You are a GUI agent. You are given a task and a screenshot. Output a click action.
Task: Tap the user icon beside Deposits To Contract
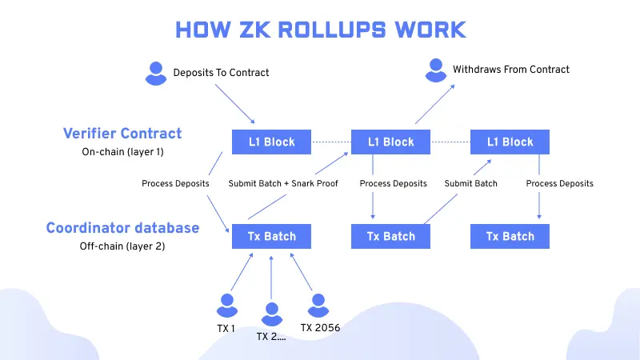tap(156, 73)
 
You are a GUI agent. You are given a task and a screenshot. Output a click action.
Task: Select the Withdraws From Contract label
tap(511, 70)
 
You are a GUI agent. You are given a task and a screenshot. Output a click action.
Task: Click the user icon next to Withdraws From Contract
tap(435, 70)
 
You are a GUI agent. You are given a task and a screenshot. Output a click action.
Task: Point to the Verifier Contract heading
tap(122, 133)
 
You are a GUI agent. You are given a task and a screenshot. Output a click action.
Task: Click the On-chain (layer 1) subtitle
tap(122, 151)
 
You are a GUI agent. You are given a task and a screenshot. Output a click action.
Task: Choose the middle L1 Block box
tap(391, 142)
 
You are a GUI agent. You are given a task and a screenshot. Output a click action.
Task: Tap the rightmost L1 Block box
tap(510, 142)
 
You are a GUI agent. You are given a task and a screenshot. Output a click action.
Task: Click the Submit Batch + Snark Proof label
tap(283, 183)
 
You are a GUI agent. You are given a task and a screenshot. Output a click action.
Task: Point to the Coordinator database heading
tap(122, 228)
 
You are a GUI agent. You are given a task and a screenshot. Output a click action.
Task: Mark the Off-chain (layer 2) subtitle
tap(122, 246)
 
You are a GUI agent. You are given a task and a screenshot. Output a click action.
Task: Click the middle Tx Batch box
tap(391, 236)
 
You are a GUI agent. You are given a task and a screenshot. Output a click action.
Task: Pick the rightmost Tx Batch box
tap(510, 236)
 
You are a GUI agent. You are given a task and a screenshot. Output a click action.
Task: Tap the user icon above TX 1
tap(226, 305)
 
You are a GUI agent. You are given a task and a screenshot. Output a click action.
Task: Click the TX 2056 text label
tap(320, 326)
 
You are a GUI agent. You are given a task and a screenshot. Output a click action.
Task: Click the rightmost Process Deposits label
tap(560, 183)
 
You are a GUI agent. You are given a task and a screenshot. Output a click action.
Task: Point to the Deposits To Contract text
tap(222, 73)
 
